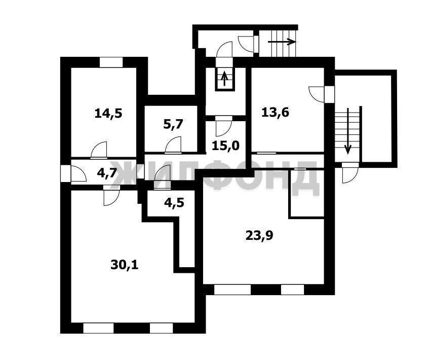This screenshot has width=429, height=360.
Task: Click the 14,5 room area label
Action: [108, 113]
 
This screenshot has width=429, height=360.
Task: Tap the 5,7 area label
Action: [173, 125]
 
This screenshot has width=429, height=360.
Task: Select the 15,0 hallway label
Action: [226, 146]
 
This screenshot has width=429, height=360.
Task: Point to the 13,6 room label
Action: [275, 113]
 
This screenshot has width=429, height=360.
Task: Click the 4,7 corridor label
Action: [107, 173]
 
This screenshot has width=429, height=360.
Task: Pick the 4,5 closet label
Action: [174, 203]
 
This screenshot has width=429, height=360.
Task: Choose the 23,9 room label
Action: [259, 236]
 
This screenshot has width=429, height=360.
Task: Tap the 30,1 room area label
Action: [125, 265]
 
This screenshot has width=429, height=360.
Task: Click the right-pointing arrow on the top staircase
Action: [282, 42]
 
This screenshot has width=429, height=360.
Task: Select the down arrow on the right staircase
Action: [348, 131]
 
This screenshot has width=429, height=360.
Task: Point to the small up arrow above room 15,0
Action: [224, 79]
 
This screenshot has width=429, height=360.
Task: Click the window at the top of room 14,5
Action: [111, 62]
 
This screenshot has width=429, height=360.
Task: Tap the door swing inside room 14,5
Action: [99, 151]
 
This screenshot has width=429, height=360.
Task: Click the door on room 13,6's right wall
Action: [322, 94]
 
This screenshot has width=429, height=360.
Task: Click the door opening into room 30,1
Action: [111, 195]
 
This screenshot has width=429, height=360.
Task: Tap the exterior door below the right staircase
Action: [350, 172]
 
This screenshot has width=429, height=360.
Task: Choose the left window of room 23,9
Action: [232, 290]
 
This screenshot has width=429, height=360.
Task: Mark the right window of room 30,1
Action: [162, 328]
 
